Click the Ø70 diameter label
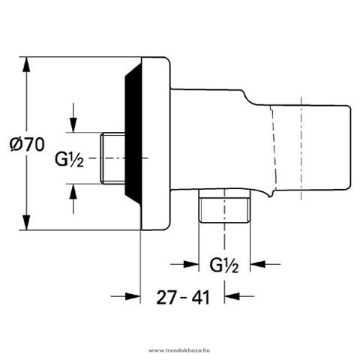[x=27, y=144]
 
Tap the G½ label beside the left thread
[x=69, y=160]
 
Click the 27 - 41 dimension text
[x=183, y=298]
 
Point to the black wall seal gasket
[x=133, y=133]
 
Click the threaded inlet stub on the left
[x=113, y=158]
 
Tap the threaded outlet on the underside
[x=224, y=205]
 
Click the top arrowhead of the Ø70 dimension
[x=26, y=64]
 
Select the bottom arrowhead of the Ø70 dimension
[x=26, y=222]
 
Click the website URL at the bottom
[x=179, y=350]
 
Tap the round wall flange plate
[x=155, y=143]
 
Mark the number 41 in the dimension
[x=199, y=298]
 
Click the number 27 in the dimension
[x=166, y=298]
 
